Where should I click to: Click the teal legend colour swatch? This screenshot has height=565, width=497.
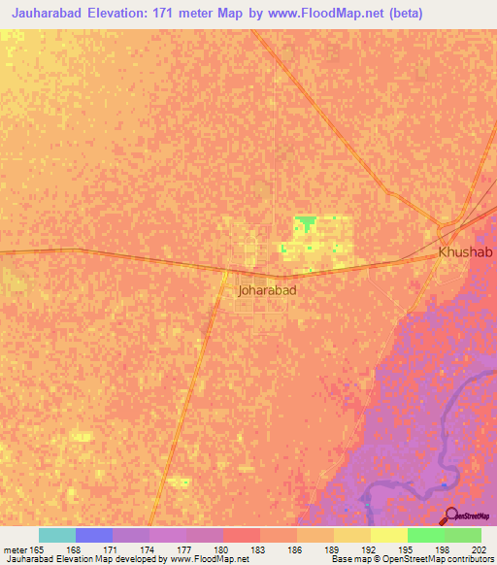[57, 535]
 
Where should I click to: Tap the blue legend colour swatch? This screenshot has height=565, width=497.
[94, 535]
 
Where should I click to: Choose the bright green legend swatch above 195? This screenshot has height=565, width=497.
[425, 535]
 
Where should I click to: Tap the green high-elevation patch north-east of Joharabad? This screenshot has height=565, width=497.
[307, 224]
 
